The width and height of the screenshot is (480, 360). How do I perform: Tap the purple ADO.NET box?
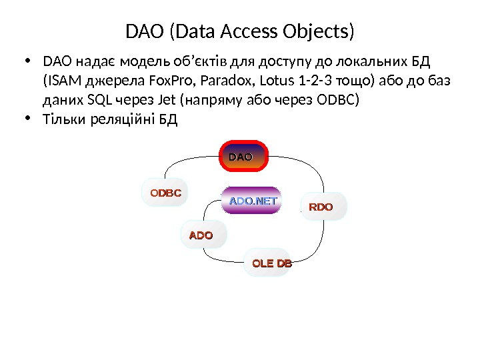pyautogui.click(x=253, y=200)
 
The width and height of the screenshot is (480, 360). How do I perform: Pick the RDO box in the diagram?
pyautogui.click(x=320, y=207)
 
